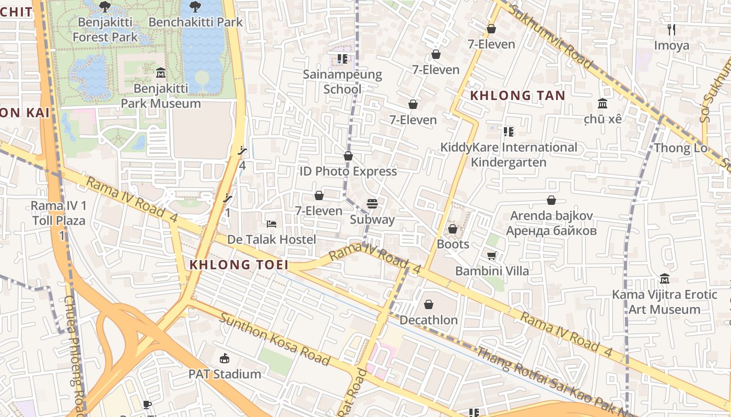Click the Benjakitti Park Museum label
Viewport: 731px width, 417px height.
[x=161, y=96]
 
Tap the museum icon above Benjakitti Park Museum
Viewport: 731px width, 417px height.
[x=161, y=71]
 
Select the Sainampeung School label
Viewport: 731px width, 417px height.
[x=343, y=82]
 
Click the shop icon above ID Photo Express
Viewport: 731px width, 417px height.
[x=348, y=156]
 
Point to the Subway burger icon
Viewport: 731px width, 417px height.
[x=372, y=203]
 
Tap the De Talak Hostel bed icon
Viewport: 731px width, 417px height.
[x=272, y=224]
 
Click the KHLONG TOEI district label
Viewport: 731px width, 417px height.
[x=239, y=264]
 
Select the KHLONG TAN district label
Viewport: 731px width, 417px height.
[x=517, y=95]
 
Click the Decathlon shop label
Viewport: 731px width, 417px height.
[x=429, y=320]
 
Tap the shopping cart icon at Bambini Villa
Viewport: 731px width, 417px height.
[x=491, y=255]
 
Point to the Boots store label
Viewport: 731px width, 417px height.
[x=453, y=244]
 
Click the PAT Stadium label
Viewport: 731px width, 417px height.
[x=225, y=374]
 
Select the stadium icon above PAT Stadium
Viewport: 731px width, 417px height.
[x=225, y=358]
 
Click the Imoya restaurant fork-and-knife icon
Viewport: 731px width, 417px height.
[x=671, y=30]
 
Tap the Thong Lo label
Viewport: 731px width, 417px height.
[x=680, y=148]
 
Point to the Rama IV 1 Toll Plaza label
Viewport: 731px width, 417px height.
[x=58, y=220]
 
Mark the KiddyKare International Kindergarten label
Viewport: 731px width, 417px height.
[x=509, y=155]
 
